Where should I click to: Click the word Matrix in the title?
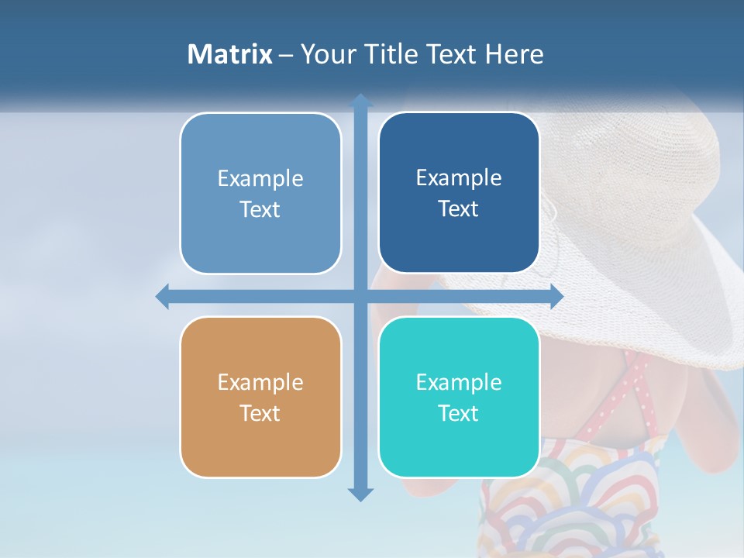pyautogui.click(x=229, y=54)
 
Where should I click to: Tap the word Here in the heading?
pyautogui.click(x=513, y=54)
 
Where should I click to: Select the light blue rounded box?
pyautogui.click(x=260, y=193)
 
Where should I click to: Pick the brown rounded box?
pyautogui.click(x=260, y=397)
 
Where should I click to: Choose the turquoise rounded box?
pyautogui.click(x=459, y=397)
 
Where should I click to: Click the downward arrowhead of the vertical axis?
pyautogui.click(x=360, y=494)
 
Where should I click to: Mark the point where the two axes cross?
pyautogui.click(x=360, y=296)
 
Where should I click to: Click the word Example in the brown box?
pyautogui.click(x=260, y=382)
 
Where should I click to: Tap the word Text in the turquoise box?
pyautogui.click(x=459, y=413)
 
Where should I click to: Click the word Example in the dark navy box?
pyautogui.click(x=459, y=177)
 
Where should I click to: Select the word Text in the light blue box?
pyautogui.click(x=260, y=209)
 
